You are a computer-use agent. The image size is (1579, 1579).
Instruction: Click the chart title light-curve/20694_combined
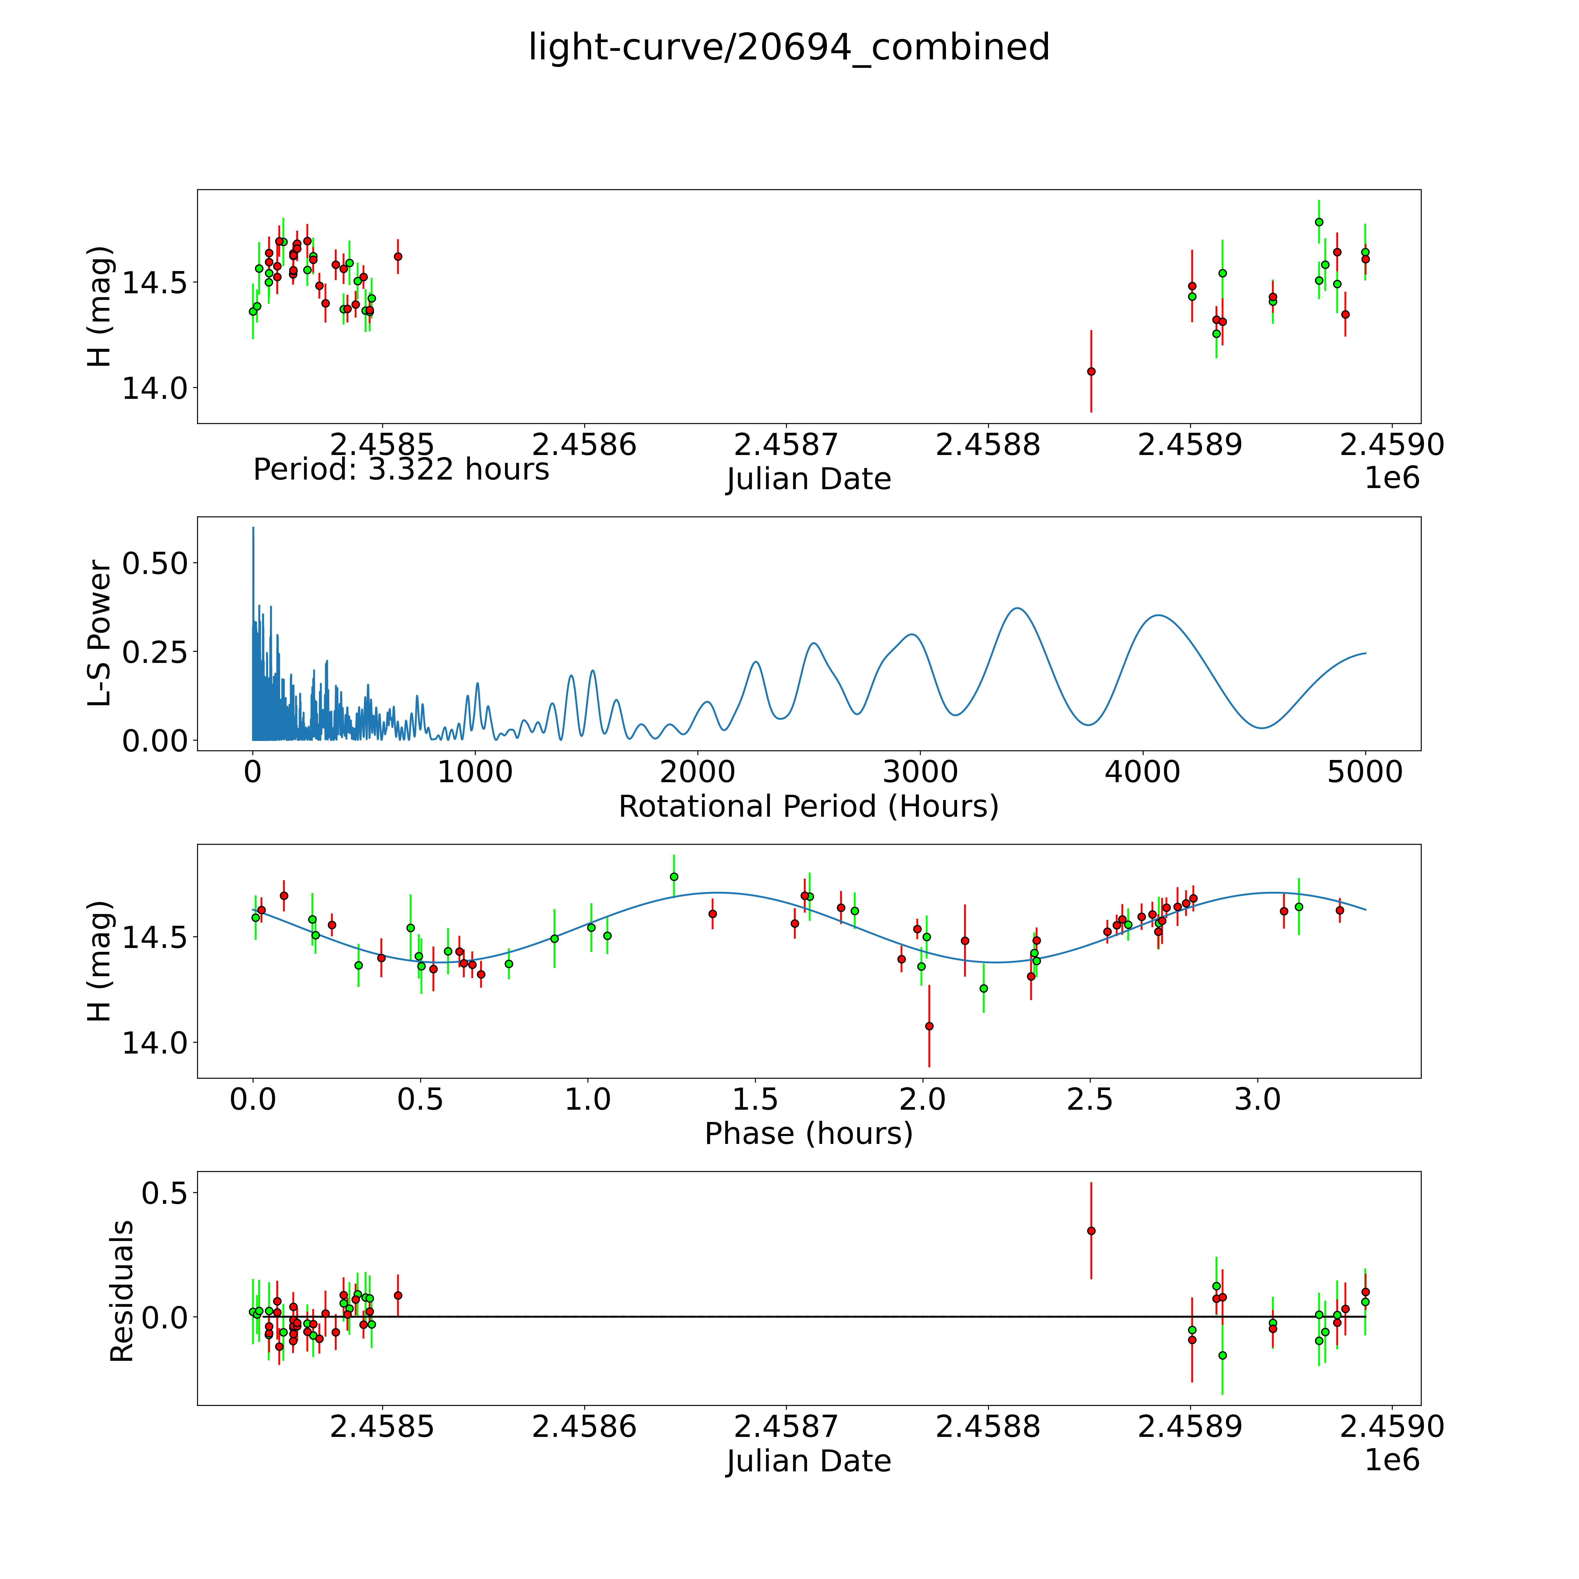[789, 47]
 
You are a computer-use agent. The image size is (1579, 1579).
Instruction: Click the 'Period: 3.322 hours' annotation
[401, 470]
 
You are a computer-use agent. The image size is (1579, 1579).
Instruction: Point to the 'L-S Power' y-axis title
[100, 633]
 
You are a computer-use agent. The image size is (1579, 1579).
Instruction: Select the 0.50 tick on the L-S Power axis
[155, 563]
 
